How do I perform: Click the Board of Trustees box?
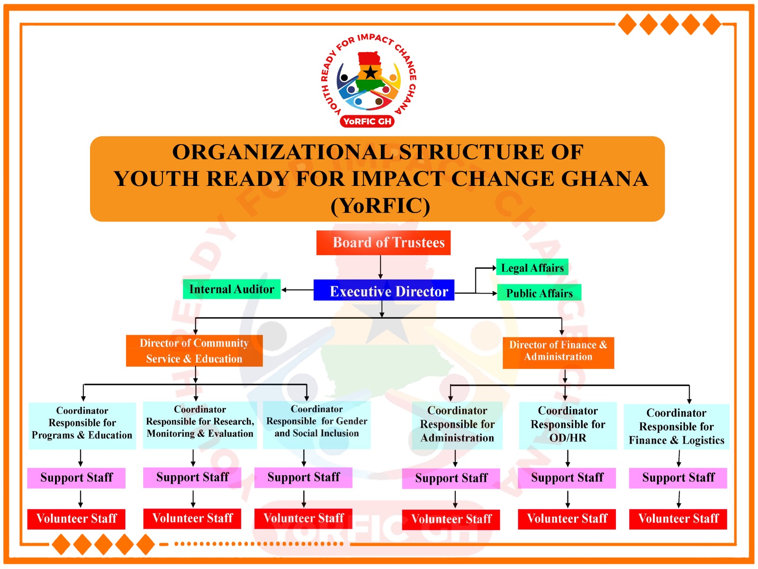click(383, 243)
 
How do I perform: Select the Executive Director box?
click(384, 290)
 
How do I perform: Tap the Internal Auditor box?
click(232, 289)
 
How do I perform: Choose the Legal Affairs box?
click(532, 268)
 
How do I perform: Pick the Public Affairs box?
click(539, 293)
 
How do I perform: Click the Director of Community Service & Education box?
click(194, 351)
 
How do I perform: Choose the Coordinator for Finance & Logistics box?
click(676, 427)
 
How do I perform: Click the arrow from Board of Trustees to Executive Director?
click(380, 267)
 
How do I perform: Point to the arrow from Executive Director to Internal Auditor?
click(298, 290)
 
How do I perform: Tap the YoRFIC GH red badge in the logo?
click(367, 121)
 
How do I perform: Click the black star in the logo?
click(370, 73)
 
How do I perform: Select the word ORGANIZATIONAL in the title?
click(282, 152)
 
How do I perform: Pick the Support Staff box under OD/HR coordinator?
click(567, 478)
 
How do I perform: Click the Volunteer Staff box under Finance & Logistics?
click(678, 519)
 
